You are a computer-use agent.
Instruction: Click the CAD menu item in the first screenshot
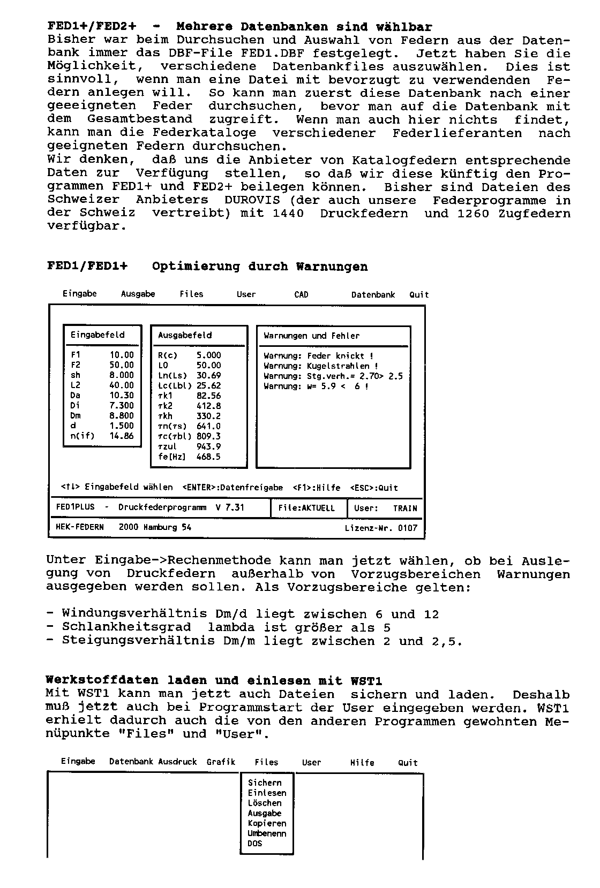tap(301, 294)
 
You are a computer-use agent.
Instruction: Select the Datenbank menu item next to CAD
tap(373, 294)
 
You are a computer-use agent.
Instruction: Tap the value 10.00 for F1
tap(122, 355)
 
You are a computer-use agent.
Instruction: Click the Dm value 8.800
tap(122, 415)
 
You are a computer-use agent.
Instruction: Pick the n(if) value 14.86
tap(122, 436)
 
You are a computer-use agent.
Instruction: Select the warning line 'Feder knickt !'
tap(319, 356)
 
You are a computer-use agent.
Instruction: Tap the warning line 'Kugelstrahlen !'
tap(321, 366)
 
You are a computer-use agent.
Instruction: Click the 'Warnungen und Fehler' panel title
tap(311, 336)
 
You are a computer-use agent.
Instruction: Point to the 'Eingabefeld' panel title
tap(97, 335)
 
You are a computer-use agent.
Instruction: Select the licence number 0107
tap(408, 528)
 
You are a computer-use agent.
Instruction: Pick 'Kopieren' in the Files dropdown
tap(267, 823)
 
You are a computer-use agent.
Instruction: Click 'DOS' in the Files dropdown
tap(255, 844)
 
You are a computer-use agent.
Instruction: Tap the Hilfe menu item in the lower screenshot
tap(362, 763)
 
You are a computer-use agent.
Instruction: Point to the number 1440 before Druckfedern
tap(288, 214)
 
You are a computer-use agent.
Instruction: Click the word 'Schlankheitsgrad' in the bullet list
tap(126, 627)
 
